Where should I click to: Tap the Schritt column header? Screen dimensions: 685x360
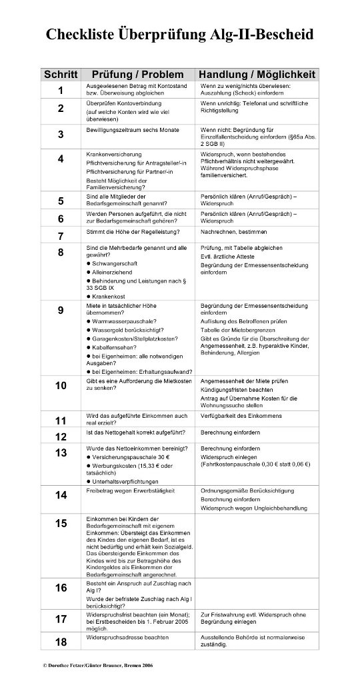click(61, 74)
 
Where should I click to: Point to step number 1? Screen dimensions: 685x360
click(61, 91)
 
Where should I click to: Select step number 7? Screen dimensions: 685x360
click(61, 236)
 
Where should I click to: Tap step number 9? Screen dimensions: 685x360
click(61, 310)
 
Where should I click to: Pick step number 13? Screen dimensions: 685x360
click(61, 453)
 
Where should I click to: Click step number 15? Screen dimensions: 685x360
click(61, 522)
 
